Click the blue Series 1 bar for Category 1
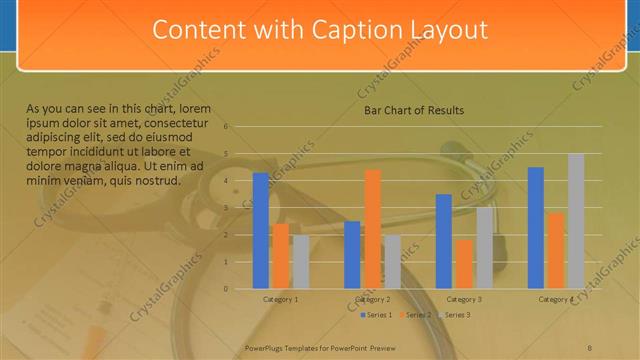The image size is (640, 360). click(261, 231)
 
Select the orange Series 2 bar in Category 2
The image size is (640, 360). click(372, 229)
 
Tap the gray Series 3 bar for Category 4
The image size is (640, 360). click(576, 221)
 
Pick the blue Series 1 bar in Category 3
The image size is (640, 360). click(444, 241)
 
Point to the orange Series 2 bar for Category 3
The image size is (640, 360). click(464, 264)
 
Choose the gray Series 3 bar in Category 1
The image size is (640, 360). click(301, 262)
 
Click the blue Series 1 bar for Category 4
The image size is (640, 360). click(535, 228)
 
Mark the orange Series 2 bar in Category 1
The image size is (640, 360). click(281, 256)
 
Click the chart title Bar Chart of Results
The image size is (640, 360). click(413, 110)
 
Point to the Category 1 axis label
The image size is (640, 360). click(280, 299)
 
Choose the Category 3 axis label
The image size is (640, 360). click(464, 299)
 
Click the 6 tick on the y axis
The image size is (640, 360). click(228, 127)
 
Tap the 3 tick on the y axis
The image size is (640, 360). click(228, 208)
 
